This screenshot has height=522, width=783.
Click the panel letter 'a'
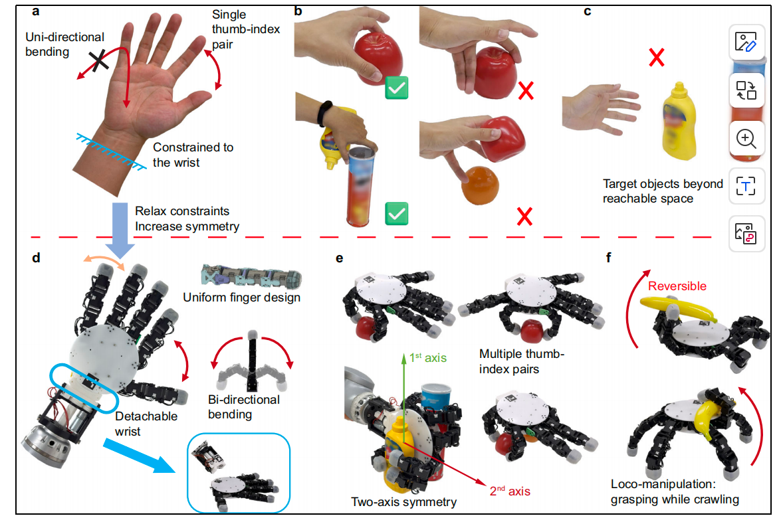[35, 11]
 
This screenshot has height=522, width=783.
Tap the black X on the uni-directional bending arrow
[99, 61]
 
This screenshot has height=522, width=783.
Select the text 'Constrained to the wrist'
[193, 155]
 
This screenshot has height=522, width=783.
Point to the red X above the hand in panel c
[656, 57]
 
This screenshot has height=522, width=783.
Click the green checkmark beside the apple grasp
[397, 88]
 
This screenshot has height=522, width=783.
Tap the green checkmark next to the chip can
[397, 214]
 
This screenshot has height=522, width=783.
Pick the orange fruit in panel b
[480, 186]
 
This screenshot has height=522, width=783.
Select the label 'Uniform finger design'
[242, 298]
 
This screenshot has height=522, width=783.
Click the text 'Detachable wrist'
[146, 424]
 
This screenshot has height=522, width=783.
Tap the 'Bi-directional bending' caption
[244, 406]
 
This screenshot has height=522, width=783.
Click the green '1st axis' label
[428, 357]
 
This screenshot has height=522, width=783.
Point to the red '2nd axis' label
[510, 491]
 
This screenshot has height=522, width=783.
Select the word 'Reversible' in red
[677, 286]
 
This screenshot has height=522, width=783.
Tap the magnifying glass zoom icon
[746, 139]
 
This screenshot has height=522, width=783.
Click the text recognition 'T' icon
[746, 186]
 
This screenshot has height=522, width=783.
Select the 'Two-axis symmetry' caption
[403, 501]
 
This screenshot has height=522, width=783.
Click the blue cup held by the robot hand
[436, 398]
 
